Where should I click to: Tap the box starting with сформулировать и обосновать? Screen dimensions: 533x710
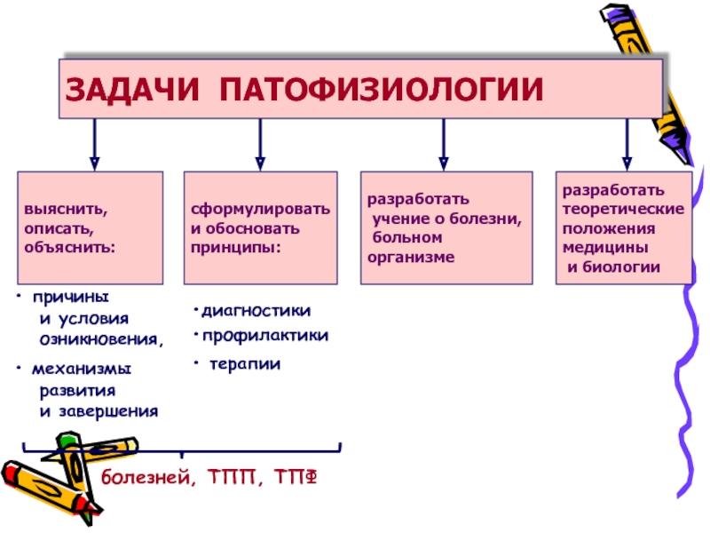tap(260, 227)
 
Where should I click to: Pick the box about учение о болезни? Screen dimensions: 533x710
tap(443, 227)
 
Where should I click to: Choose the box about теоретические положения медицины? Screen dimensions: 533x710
tap(624, 227)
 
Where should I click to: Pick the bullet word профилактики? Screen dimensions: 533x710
tap(264, 336)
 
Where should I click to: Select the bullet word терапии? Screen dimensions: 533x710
tap(244, 362)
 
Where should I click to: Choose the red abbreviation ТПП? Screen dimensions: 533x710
tap(234, 479)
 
